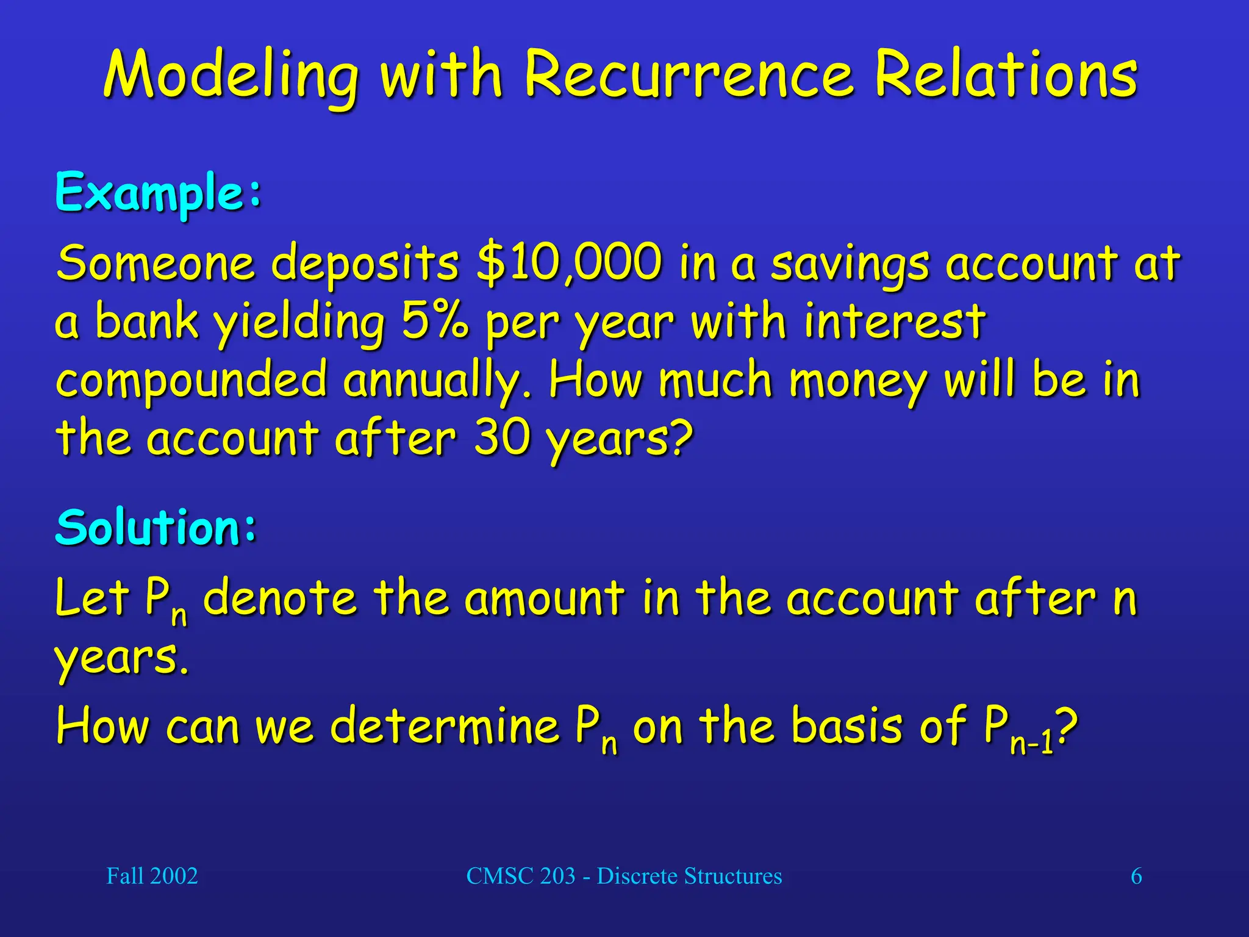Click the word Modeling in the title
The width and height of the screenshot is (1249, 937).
coord(231,76)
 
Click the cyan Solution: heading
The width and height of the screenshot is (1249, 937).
coord(156,527)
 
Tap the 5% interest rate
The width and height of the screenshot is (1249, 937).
coord(435,321)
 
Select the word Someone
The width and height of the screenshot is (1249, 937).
coord(155,263)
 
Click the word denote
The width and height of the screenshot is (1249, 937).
coord(279,598)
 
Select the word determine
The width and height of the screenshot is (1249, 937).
coord(445,725)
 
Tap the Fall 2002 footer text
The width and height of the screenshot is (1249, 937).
coord(152,876)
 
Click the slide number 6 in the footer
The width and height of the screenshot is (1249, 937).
coord(1136,876)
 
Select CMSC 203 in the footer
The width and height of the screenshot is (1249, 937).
coord(521,876)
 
